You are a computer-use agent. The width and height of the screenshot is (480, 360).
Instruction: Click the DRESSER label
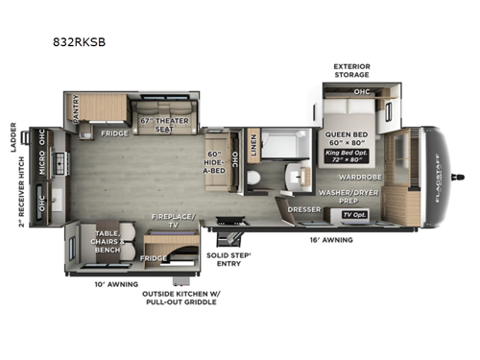303,208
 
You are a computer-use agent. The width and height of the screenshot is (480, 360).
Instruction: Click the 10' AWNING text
116,284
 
